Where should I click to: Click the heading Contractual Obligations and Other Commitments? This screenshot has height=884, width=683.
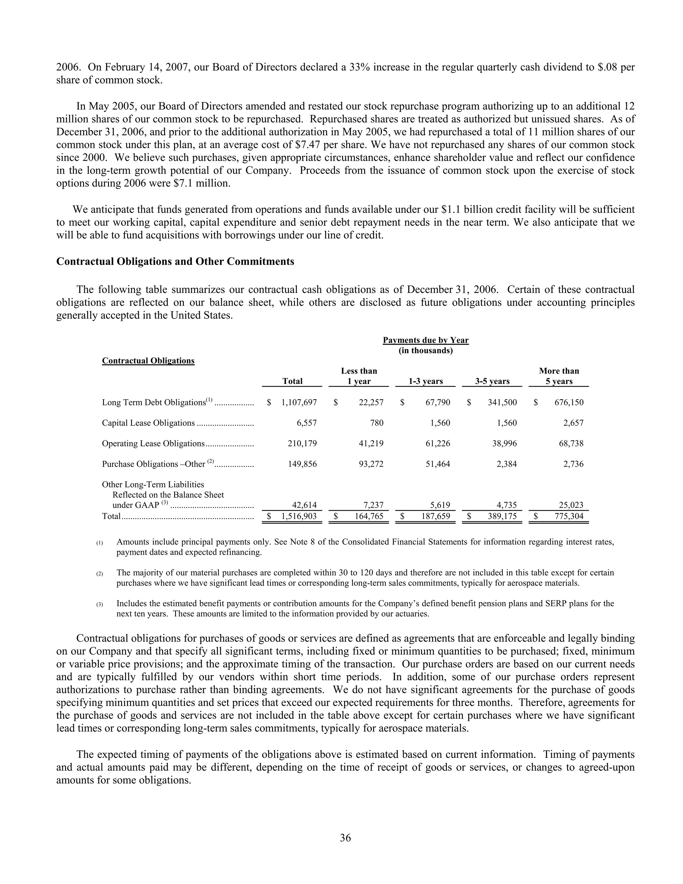click(175, 262)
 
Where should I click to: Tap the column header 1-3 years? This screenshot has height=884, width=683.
click(425, 381)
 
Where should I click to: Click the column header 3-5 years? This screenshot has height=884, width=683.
click(492, 381)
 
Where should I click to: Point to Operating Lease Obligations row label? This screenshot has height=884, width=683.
click(153, 444)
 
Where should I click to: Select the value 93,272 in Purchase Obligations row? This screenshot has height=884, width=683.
click(371, 464)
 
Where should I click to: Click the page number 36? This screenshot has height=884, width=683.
click(345, 837)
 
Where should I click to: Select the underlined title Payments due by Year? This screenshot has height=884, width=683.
click(425, 340)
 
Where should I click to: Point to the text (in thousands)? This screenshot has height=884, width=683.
click(425, 351)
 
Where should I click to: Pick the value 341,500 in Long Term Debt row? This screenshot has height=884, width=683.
click(502, 402)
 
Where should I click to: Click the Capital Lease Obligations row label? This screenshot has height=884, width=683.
click(148, 423)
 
